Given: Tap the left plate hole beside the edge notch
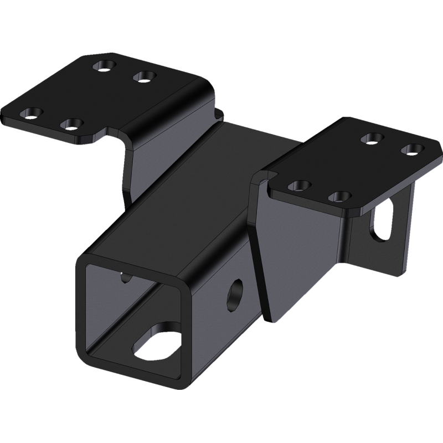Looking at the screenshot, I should pos(70,122).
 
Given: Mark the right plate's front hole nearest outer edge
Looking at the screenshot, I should pos(338,196).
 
